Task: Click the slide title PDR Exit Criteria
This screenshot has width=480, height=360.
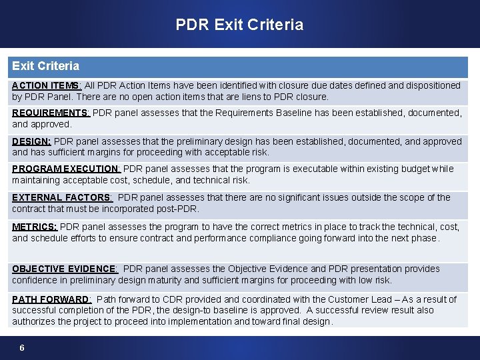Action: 239,25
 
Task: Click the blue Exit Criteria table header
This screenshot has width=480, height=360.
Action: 45,66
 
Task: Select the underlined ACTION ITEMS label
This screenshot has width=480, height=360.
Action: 47,85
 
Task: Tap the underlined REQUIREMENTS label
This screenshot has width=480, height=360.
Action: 51,113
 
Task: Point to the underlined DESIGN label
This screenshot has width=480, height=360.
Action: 31,141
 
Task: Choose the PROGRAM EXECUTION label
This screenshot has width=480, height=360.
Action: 66,169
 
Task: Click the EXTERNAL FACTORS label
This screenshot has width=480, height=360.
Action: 62,197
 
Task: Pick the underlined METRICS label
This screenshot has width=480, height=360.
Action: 35,227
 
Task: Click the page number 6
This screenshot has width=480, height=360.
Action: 22,348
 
